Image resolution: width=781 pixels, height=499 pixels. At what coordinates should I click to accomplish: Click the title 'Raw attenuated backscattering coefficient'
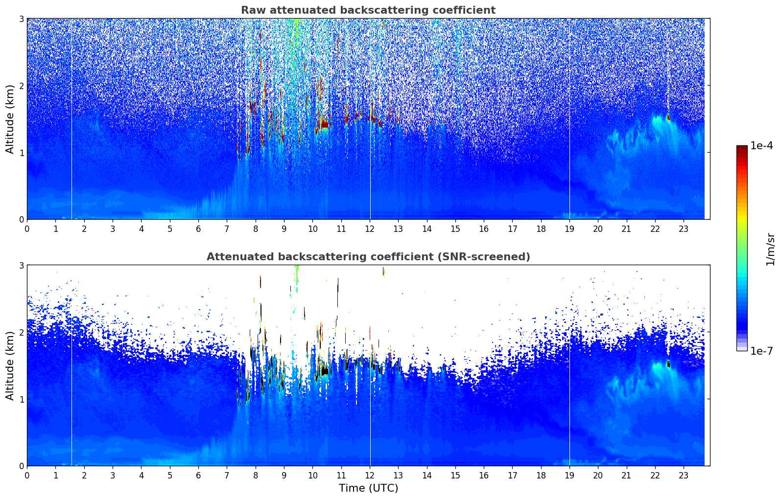(368, 10)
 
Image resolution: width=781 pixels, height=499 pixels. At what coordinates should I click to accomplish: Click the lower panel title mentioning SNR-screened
(368, 257)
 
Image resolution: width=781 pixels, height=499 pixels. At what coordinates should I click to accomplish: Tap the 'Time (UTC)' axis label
(368, 488)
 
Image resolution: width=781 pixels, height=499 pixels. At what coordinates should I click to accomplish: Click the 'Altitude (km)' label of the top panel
(10, 119)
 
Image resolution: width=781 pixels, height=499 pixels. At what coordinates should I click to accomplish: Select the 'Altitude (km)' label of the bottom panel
(10, 365)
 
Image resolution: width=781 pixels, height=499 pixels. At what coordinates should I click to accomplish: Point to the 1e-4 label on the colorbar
(761, 146)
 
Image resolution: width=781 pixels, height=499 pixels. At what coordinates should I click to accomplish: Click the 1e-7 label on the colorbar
(761, 351)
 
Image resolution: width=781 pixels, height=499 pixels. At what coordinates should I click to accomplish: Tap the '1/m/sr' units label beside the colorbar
(770, 249)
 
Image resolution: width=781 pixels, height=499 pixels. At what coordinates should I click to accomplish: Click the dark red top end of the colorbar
(742, 148)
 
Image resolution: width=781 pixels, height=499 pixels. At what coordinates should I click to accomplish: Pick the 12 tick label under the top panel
(370, 229)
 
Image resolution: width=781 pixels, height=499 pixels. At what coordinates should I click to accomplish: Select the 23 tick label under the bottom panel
(684, 476)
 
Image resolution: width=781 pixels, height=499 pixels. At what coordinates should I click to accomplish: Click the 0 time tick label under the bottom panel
(27, 476)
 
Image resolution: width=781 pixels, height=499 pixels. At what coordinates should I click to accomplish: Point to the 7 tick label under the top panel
(227, 229)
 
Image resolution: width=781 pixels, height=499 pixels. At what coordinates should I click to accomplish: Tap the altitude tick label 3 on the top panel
(21, 19)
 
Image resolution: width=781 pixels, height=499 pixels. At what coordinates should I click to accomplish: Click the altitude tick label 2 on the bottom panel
(21, 332)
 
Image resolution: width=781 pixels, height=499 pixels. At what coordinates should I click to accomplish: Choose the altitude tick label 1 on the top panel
(21, 153)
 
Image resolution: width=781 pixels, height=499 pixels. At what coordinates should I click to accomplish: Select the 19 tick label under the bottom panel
(569, 476)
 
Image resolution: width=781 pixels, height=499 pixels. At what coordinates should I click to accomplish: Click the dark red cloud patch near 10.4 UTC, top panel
(324, 124)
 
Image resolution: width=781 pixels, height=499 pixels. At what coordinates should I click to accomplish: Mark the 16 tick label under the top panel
(484, 229)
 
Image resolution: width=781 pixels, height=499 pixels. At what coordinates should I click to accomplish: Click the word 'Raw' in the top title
(252, 10)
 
